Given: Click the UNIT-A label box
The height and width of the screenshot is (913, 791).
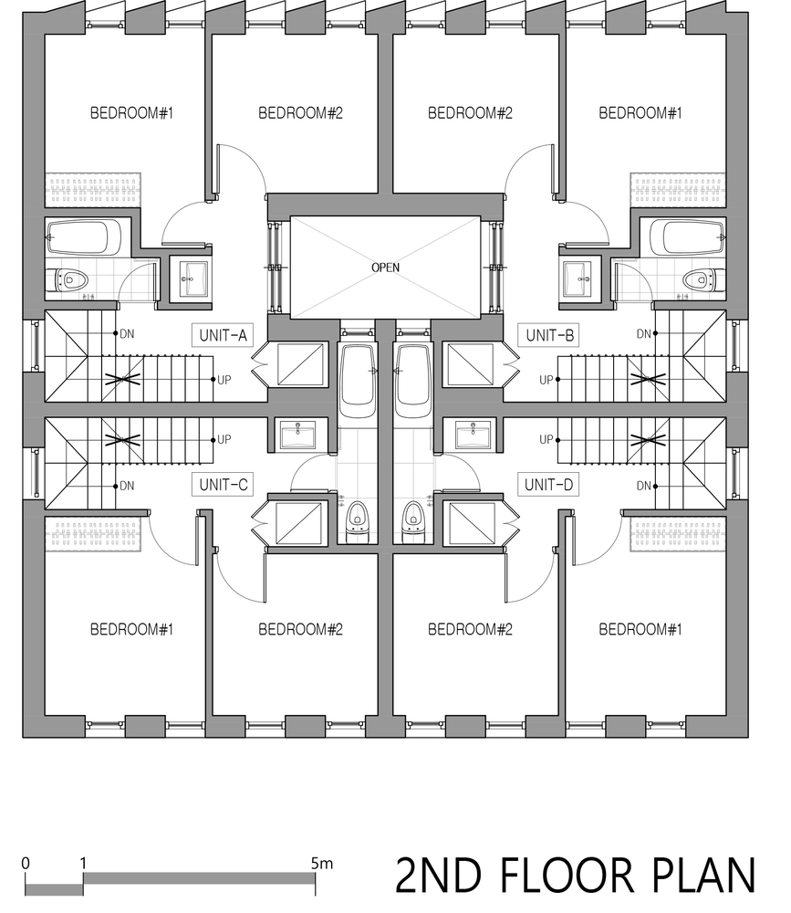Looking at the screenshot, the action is click(x=223, y=335).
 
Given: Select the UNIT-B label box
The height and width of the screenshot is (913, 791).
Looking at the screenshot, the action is click(x=549, y=335).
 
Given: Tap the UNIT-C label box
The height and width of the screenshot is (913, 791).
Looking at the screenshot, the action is click(x=223, y=485).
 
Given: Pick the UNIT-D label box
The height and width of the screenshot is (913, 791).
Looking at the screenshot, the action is click(x=549, y=485).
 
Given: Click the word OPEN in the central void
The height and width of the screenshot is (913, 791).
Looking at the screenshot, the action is click(x=385, y=268).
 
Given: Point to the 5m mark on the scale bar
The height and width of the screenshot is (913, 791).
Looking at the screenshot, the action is click(x=322, y=863).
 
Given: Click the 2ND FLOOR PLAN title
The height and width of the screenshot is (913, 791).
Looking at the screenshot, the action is click(x=576, y=876).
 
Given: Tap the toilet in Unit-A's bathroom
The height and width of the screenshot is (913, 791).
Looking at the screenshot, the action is click(x=69, y=279).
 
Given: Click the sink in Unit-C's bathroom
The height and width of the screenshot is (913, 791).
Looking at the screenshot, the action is click(x=297, y=435).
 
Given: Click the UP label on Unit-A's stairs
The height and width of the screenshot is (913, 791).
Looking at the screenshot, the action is click(x=224, y=380).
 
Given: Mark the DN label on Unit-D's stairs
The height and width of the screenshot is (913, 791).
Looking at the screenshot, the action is click(x=643, y=486).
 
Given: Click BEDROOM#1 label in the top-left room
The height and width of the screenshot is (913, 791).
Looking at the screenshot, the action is click(x=132, y=113).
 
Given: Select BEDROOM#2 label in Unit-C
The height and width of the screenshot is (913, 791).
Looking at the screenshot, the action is click(x=300, y=629).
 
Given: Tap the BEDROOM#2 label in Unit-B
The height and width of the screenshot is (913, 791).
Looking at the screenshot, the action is click(x=470, y=113).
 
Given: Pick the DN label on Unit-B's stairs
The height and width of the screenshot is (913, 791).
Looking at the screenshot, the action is click(x=643, y=334).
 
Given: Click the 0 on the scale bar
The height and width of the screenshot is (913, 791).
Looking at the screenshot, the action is click(x=25, y=863).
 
